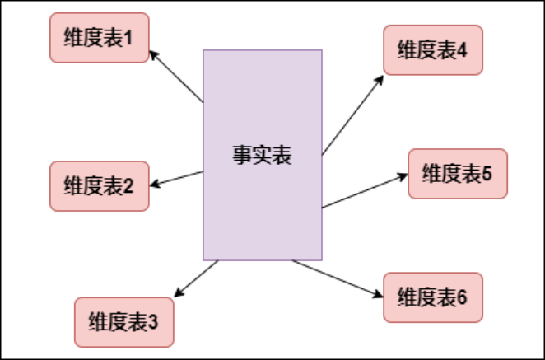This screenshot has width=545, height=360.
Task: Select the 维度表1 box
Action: click(x=99, y=37)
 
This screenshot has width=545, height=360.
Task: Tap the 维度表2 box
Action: click(x=99, y=185)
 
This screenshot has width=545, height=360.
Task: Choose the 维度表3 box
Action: click(x=123, y=321)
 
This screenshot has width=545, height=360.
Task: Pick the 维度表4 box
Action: click(x=432, y=50)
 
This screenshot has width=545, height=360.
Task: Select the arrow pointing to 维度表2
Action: click(x=177, y=179)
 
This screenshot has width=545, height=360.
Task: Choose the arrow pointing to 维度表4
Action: click(x=352, y=115)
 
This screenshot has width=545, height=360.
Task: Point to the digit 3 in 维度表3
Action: click(x=153, y=321)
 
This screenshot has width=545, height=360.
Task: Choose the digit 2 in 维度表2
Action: click(x=128, y=185)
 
